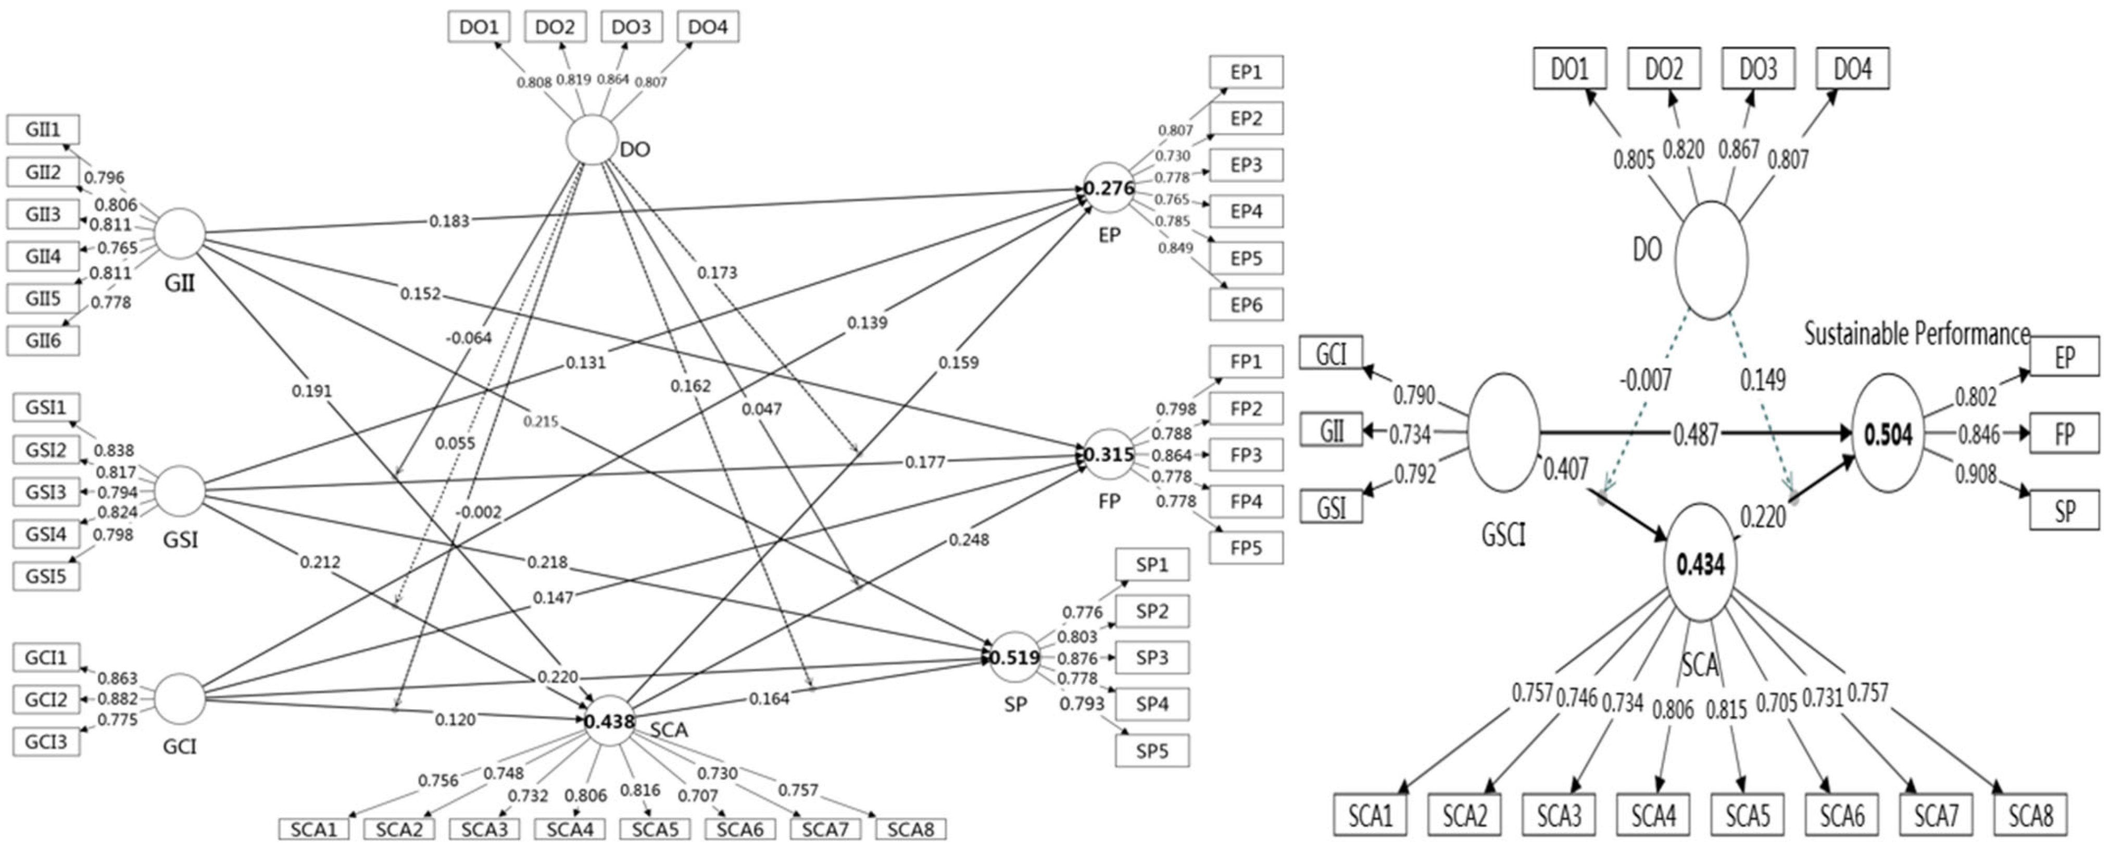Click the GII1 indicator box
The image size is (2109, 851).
click(43, 129)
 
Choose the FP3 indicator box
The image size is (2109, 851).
click(1245, 454)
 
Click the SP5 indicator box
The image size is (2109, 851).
click(1152, 751)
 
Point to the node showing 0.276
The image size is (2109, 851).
click(1109, 188)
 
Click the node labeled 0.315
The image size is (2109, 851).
click(1109, 454)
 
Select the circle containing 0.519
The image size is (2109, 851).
click(1014, 657)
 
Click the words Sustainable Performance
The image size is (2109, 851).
click(1917, 334)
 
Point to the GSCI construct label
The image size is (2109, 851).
click(1503, 535)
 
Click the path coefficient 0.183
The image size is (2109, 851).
click(449, 221)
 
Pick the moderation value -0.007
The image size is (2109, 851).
click(1645, 380)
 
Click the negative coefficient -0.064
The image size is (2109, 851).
click(468, 338)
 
